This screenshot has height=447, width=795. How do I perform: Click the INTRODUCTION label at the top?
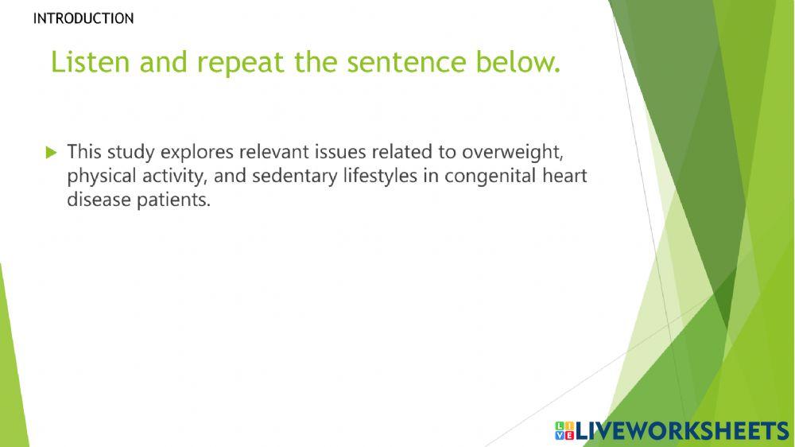tap(83, 18)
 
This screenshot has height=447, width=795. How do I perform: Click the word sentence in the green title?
tap(406, 63)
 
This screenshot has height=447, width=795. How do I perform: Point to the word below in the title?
tap(518, 62)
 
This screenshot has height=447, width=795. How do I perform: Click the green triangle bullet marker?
tap(51, 152)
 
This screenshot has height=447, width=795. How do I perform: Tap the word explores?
tap(197, 153)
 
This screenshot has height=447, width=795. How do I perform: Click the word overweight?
tap(511, 153)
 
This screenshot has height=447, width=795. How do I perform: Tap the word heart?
tap(564, 176)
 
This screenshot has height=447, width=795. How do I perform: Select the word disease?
tap(99, 200)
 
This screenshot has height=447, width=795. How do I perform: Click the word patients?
tap(173, 200)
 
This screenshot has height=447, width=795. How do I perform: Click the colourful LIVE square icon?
tap(564, 431)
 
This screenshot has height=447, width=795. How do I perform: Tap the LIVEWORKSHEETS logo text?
tap(682, 431)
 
